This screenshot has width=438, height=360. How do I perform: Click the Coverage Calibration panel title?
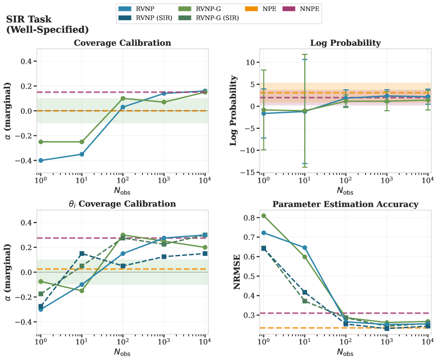[122, 43]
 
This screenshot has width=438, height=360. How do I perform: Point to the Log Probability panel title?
[345, 43]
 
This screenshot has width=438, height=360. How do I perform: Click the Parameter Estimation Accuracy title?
[345, 204]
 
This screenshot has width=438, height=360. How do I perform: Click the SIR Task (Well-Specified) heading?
[47, 25]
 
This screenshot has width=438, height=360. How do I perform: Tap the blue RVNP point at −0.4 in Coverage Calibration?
[41, 160]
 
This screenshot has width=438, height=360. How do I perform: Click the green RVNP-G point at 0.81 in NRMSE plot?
[263, 216]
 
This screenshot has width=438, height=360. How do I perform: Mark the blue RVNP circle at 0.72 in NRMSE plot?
[263, 233]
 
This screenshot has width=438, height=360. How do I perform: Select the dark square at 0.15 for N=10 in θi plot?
[82, 254]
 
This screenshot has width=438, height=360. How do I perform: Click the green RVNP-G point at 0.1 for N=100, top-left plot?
[123, 98]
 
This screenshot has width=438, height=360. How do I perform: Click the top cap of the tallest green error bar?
[304, 55]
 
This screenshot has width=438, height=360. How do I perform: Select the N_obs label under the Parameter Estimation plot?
[345, 352]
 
